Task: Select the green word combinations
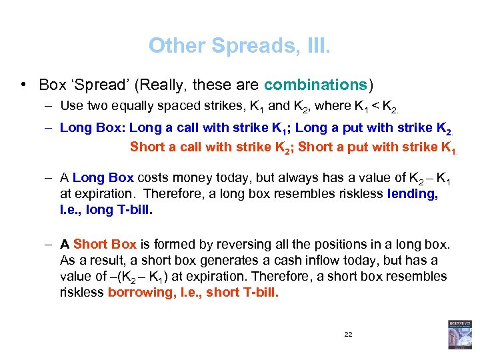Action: pyautogui.click(x=315, y=85)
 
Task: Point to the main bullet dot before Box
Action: pyautogui.click(x=23, y=85)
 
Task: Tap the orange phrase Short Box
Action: pyautogui.click(x=105, y=244)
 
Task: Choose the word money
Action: pyautogui.click(x=197, y=178)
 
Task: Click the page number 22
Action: pyautogui.click(x=348, y=333)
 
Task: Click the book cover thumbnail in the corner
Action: pyautogui.click(x=459, y=335)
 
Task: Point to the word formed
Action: pyautogui.click(x=169, y=244)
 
